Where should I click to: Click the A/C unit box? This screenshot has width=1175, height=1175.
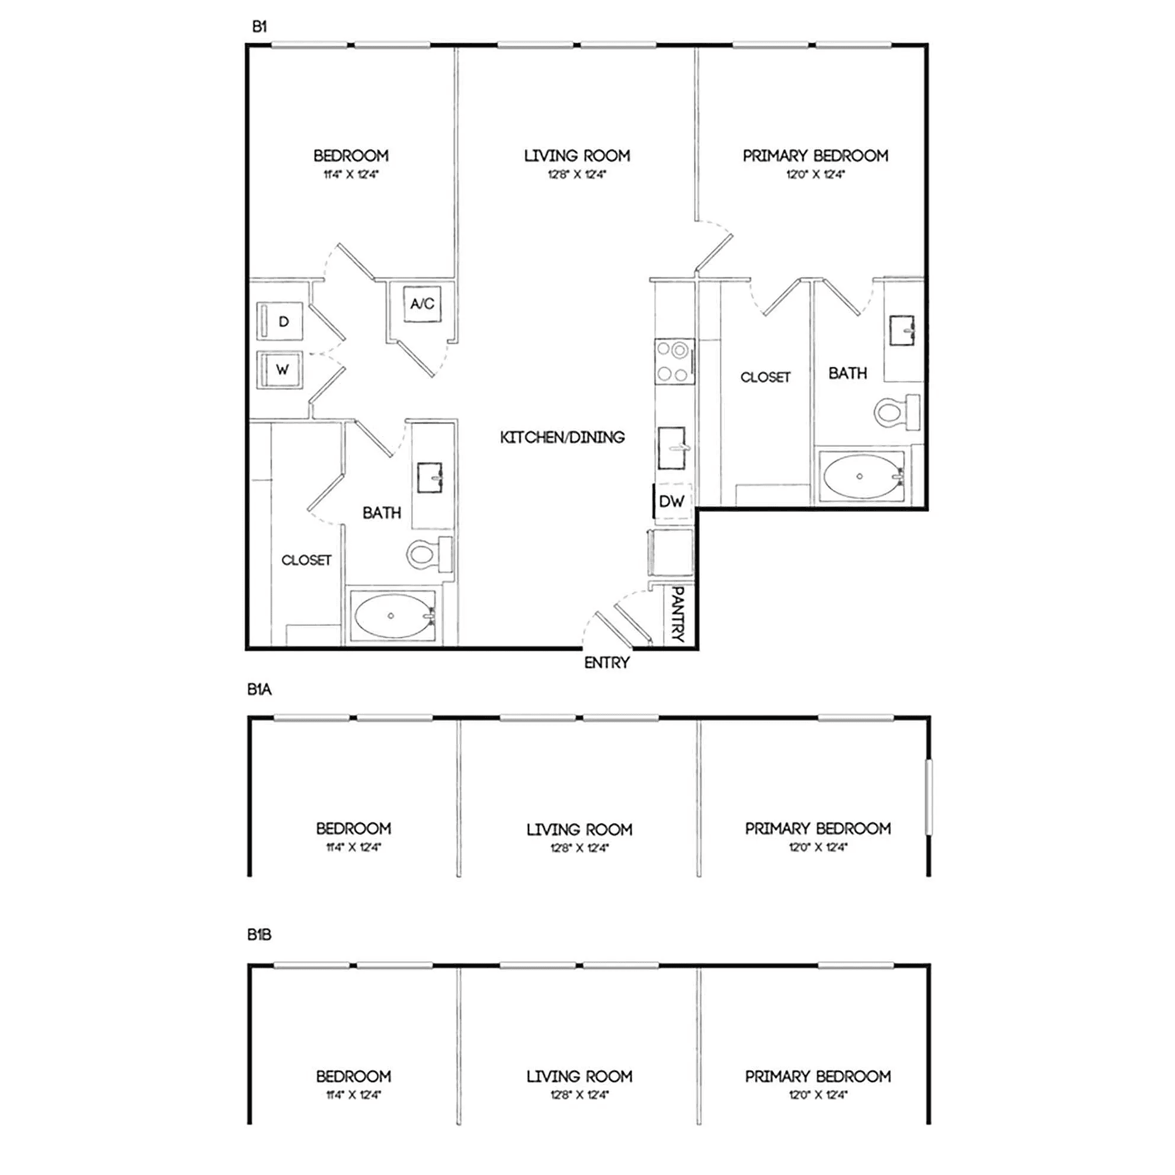[x=422, y=303]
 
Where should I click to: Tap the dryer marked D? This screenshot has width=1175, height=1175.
[x=279, y=321]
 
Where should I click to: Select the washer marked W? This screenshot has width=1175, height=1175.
[x=279, y=369]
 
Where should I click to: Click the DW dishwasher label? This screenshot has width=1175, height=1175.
[x=671, y=501]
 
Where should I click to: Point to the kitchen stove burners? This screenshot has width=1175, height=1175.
[x=674, y=361]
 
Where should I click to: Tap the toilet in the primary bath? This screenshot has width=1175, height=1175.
[x=897, y=412]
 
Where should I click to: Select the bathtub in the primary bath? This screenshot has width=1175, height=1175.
[x=861, y=476]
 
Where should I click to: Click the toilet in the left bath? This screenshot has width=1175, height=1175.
[x=429, y=554]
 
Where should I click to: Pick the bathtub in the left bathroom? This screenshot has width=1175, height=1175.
[x=392, y=616]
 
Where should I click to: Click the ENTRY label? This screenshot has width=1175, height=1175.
[x=606, y=663]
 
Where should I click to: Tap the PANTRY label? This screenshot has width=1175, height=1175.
[x=678, y=614]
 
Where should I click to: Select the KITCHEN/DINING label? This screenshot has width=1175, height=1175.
[x=562, y=437]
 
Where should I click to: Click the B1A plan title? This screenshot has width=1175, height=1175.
[x=259, y=690]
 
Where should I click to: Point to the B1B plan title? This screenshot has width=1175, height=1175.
[x=259, y=935]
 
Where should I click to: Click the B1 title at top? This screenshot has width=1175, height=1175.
[x=260, y=27]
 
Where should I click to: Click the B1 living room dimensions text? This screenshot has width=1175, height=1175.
[x=577, y=175]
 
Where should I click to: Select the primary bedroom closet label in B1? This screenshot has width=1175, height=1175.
[x=765, y=377]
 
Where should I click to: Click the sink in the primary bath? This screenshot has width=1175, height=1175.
[x=902, y=330]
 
